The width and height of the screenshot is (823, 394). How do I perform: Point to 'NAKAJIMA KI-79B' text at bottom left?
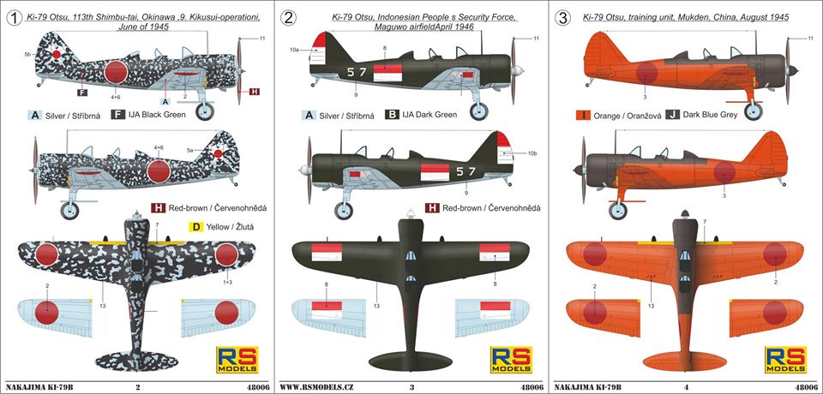pyautogui.click(x=39, y=386)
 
